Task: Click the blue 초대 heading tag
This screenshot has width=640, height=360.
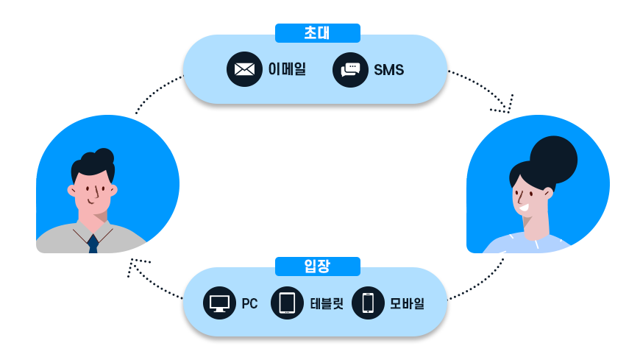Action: (x=317, y=33)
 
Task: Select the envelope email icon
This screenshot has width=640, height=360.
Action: (x=244, y=69)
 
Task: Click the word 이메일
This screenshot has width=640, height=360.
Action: (x=287, y=70)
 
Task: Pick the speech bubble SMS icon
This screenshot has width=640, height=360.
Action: (x=350, y=70)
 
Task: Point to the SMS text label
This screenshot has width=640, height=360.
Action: (x=388, y=70)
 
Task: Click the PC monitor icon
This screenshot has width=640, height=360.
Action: (x=219, y=303)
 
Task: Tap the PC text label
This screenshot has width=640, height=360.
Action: (x=249, y=303)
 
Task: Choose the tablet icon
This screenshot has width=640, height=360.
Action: (x=287, y=303)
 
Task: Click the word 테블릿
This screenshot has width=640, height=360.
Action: (x=327, y=303)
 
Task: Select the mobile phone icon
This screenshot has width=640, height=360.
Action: (x=368, y=303)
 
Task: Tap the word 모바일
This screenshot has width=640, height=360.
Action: (x=407, y=303)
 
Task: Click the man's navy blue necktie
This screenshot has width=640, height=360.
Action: (x=93, y=244)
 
